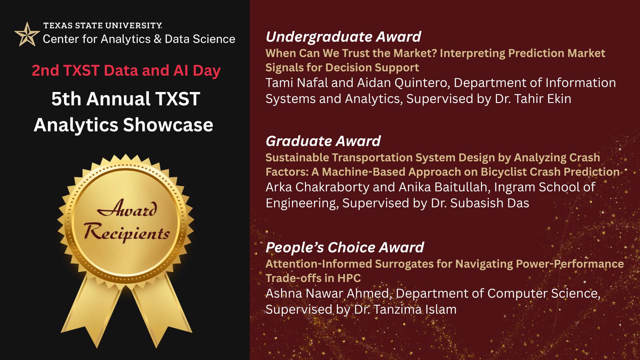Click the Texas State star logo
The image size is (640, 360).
pyautogui.click(x=27, y=34)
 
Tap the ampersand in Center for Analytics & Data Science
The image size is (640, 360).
pyautogui.click(x=157, y=39)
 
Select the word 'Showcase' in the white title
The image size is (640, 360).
pyautogui.click(x=168, y=125)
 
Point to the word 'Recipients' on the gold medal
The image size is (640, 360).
pyautogui.click(x=127, y=232)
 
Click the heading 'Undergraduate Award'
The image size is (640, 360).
pyautogui.click(x=343, y=37)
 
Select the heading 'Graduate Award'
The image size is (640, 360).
pyautogui.click(x=323, y=141)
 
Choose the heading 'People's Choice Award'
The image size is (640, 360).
pyautogui.click(x=345, y=247)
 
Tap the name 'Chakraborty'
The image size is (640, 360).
pyautogui.click(x=332, y=187)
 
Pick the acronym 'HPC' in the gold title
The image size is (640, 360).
pyautogui.click(x=349, y=278)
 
